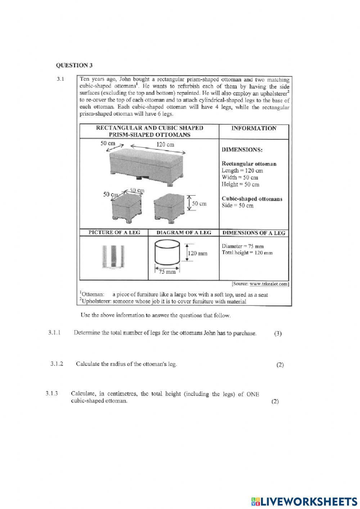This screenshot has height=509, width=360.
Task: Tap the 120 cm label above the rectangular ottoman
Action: coord(165,144)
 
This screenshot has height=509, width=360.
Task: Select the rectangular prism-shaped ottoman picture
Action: coord(147,166)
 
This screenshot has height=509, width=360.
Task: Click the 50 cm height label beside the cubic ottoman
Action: coord(199,204)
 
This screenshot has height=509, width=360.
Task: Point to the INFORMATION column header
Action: coord(254,128)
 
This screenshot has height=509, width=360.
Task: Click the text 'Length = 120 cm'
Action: coord(242,170)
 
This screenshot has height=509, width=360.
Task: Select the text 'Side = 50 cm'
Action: coord(238,205)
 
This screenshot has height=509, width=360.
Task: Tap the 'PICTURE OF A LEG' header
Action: coord(114,232)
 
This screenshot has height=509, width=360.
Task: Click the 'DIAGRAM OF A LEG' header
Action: coord(184,232)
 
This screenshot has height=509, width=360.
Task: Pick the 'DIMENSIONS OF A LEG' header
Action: coord(254,233)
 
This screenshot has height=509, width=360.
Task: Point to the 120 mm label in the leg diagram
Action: coord(198,253)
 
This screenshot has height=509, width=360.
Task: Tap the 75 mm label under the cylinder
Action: coord(168,272)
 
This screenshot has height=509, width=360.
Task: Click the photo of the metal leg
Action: coord(113,257)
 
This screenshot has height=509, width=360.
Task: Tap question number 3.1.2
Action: coord(57,364)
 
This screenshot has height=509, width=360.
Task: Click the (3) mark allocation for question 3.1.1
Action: coord(278,334)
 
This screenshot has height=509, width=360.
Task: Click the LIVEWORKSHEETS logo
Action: coord(304,501)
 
